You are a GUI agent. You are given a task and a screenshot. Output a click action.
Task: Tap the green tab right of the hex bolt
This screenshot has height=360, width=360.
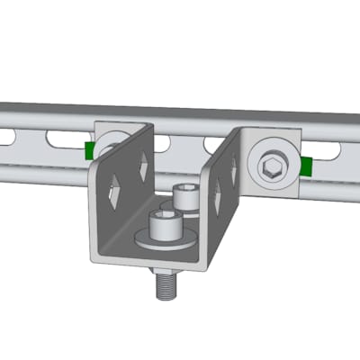coord(307,166)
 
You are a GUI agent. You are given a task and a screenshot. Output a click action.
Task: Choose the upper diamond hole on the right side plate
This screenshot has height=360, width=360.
coord(233,168)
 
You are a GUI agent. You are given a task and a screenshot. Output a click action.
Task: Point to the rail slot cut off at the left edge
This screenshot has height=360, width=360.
coord(6,136)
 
